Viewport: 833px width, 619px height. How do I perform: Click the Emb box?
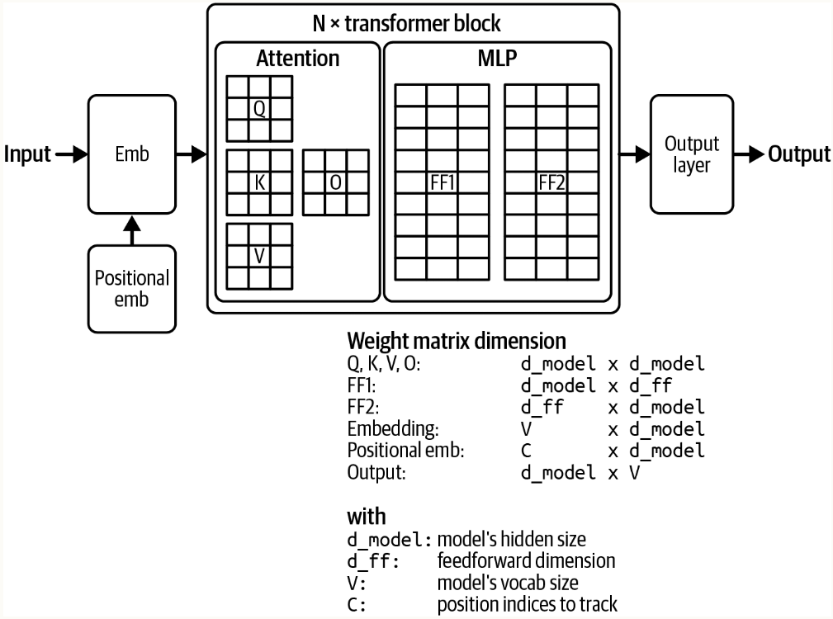click(132, 154)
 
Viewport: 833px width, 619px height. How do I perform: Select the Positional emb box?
click(132, 288)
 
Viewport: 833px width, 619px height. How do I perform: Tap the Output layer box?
click(692, 154)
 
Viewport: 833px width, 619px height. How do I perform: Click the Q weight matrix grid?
click(259, 108)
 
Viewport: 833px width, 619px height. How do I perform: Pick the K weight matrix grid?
click(259, 182)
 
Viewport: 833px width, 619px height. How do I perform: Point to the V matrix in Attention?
click(259, 256)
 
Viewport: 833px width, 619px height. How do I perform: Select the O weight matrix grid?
click(335, 182)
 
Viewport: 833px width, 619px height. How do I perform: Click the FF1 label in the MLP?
click(443, 182)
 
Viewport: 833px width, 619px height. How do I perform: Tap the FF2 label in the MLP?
click(551, 182)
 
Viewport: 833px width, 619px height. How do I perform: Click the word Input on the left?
click(28, 154)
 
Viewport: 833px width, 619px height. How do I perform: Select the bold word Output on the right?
click(798, 154)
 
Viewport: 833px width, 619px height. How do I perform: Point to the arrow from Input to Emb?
click(71, 154)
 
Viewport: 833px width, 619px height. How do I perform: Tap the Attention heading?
click(297, 59)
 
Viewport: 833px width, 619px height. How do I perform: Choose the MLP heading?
click(498, 59)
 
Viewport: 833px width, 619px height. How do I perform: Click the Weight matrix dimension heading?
click(457, 341)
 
